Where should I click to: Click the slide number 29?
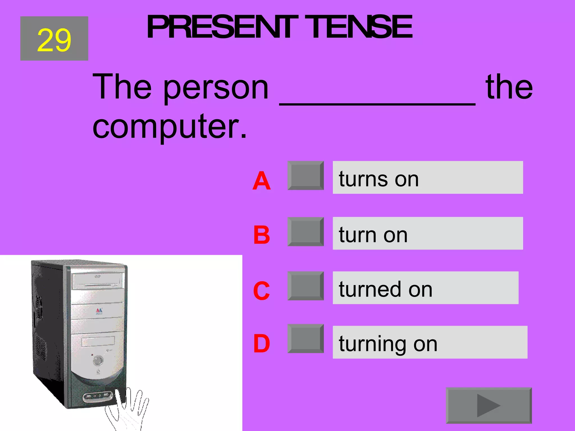54,40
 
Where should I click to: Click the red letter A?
261,181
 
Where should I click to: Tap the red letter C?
261,291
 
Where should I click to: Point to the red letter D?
261,343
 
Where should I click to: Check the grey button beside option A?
305,176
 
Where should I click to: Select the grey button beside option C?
305,286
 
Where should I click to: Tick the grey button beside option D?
305,338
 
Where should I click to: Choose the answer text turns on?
379,179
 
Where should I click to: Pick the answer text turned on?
385,289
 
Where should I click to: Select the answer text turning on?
388,343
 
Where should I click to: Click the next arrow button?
489,405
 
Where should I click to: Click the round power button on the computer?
98,360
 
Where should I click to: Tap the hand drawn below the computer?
129,410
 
